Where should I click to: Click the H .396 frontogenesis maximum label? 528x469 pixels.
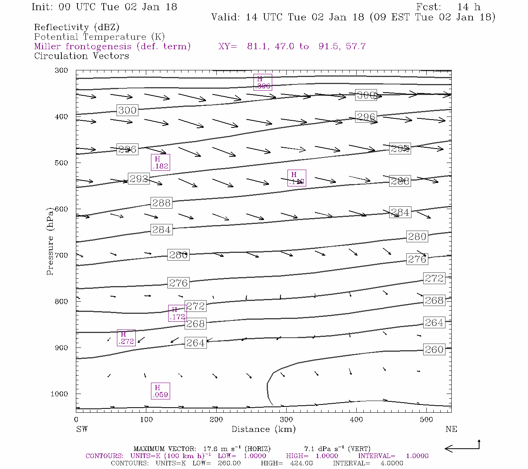(x=262, y=82)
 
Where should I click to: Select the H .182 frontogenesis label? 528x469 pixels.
(x=160, y=163)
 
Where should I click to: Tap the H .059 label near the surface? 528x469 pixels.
(x=160, y=391)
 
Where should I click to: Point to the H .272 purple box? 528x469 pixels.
(x=126, y=338)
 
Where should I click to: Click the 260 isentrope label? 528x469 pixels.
(x=434, y=349)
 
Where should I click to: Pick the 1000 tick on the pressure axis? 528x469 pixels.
(x=59, y=394)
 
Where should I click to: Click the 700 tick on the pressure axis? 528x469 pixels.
(x=61, y=255)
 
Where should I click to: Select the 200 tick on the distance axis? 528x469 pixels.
(x=216, y=419)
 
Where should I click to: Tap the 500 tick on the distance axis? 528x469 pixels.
(x=426, y=419)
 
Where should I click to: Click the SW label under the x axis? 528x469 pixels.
(x=82, y=429)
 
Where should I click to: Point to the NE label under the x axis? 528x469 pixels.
(x=451, y=429)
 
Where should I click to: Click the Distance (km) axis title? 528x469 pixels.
(x=263, y=429)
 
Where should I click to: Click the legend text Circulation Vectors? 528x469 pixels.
(x=81, y=56)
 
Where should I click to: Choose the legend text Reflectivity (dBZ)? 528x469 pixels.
(x=77, y=27)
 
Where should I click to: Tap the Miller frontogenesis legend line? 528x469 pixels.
(x=112, y=47)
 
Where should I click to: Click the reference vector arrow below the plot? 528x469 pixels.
(x=462, y=448)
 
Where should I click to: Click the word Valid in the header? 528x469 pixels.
(x=225, y=17)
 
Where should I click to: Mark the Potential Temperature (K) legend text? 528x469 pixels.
(x=99, y=37)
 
